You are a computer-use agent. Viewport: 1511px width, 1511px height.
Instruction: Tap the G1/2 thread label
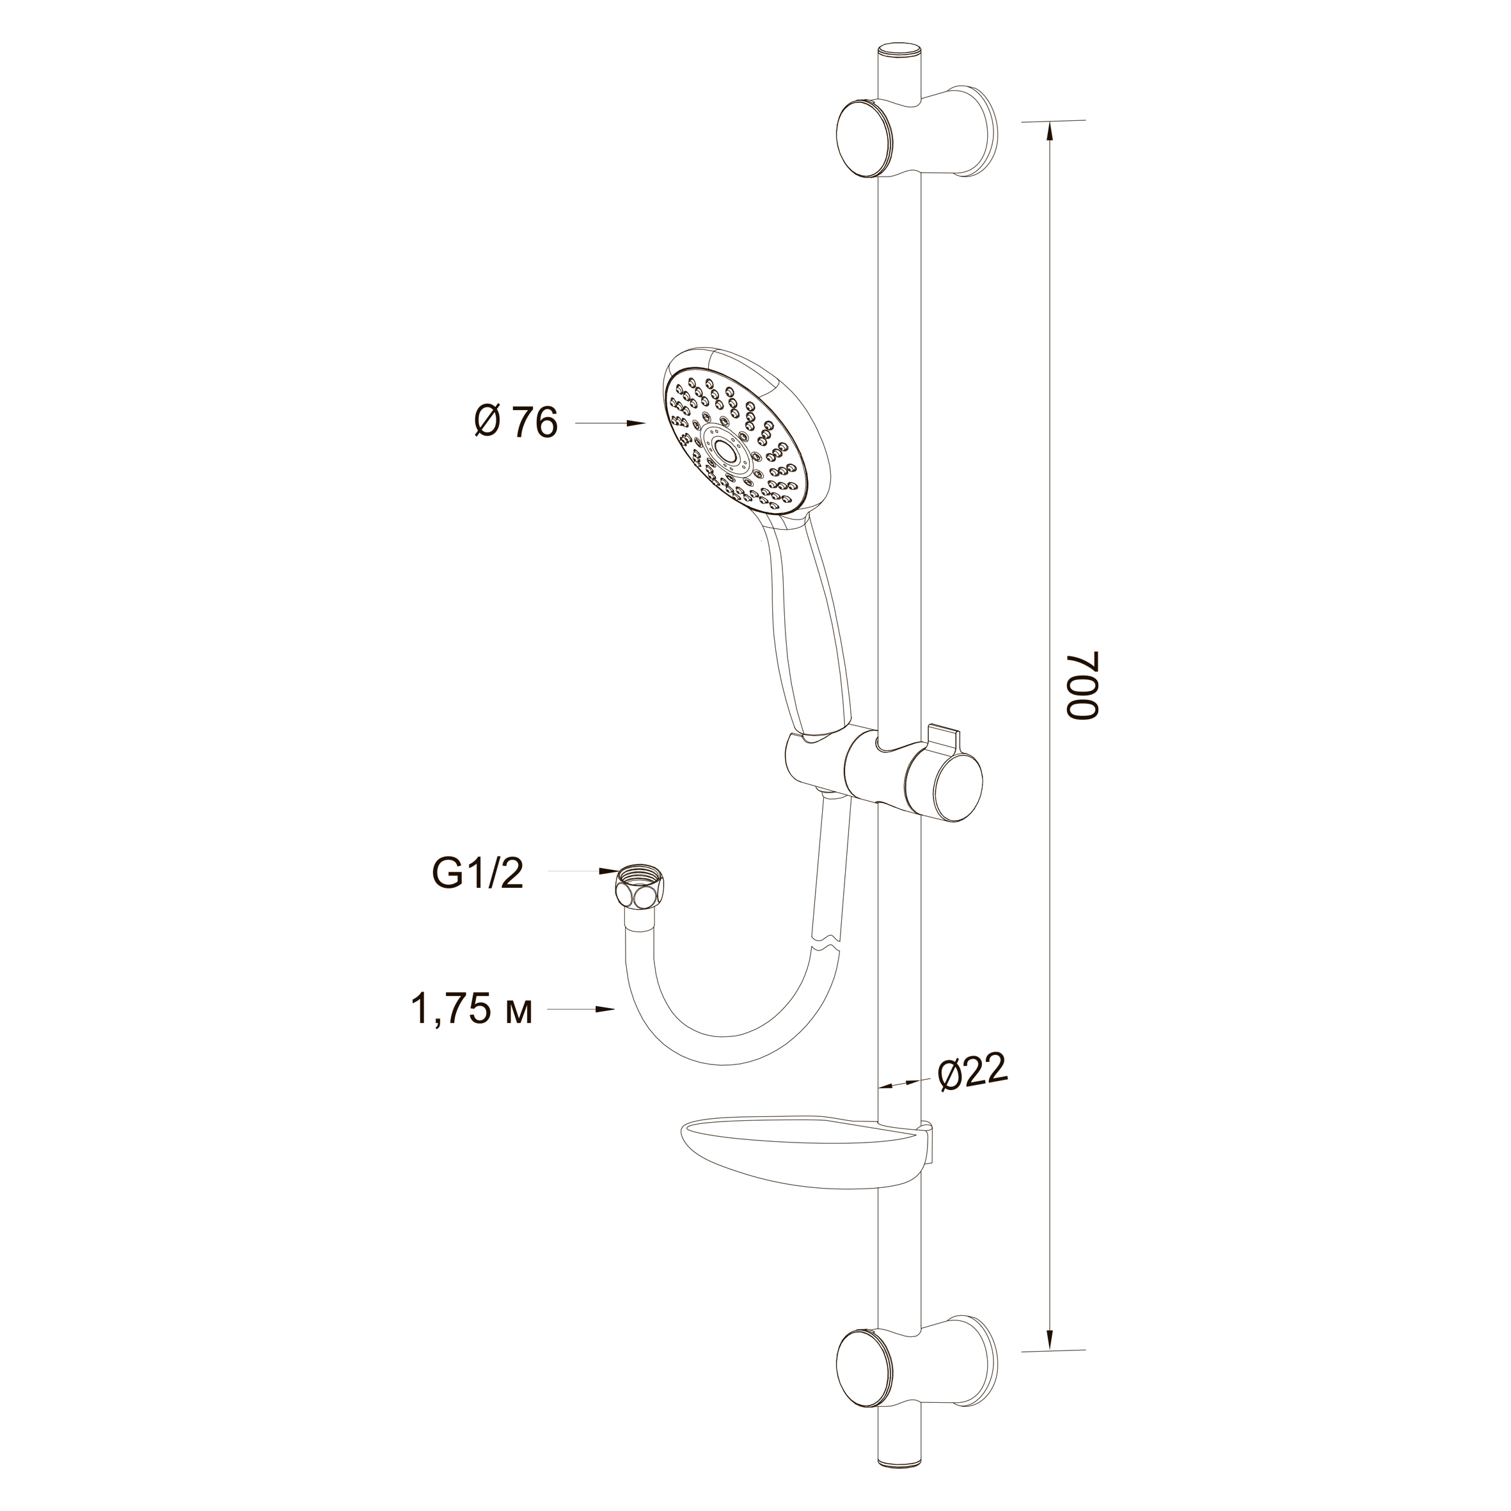pos(477,874)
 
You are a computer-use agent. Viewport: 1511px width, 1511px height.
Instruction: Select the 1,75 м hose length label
pos(471,1009)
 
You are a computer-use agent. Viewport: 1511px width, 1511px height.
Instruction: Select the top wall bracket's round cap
pos(867,141)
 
